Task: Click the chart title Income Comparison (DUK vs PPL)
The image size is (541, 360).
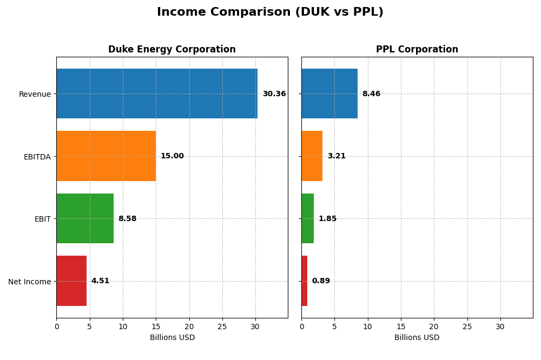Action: click(270, 12)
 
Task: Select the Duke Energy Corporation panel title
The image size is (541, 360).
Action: click(171, 49)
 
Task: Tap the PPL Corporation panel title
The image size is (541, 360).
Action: click(417, 49)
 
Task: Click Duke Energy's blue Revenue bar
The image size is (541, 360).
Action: click(157, 94)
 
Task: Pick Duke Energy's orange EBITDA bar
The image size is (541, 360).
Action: click(106, 156)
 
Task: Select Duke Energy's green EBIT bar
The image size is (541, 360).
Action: click(85, 218)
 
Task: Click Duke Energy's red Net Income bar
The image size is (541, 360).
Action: click(71, 281)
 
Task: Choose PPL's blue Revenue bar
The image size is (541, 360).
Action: click(329, 94)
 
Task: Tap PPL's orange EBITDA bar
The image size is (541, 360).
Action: click(312, 156)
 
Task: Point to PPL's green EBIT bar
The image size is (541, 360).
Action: click(307, 218)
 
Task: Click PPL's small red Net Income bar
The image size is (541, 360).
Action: click(305, 281)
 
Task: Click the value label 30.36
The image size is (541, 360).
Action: click(274, 94)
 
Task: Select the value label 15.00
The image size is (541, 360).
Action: click(172, 156)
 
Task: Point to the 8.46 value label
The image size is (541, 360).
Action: click(371, 94)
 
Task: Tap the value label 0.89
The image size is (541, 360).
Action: click(321, 281)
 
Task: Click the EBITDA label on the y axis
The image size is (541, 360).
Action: click(37, 157)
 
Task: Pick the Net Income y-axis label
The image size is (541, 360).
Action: click(30, 282)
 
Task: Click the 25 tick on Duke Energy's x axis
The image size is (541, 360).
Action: click(222, 326)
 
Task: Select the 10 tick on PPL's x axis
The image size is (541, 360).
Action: click(367, 326)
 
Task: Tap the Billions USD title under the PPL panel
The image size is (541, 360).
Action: click(417, 338)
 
